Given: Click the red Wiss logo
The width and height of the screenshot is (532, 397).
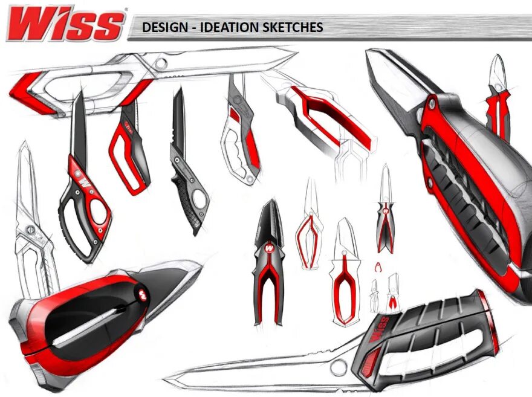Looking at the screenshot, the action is click(x=65, y=25).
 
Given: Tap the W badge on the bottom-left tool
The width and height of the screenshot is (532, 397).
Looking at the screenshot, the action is click(x=143, y=294).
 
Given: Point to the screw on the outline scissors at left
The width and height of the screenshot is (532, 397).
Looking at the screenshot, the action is click(x=28, y=228).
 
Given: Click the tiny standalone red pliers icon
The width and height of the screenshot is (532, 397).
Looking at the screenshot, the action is click(x=378, y=266).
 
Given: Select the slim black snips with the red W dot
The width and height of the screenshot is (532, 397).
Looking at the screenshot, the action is click(x=385, y=211).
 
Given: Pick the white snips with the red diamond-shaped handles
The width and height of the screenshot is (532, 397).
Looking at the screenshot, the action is click(x=310, y=224).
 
